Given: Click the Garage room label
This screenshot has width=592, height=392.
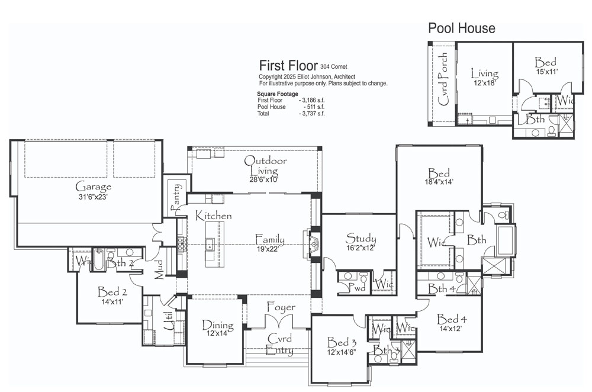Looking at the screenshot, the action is pyautogui.click(x=94, y=187).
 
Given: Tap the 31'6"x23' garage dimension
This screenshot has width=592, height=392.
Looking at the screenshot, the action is pyautogui.click(x=94, y=197).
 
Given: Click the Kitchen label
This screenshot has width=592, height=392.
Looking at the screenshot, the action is pyautogui.click(x=213, y=216).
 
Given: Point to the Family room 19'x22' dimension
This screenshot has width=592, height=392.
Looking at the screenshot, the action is pyautogui.click(x=268, y=249).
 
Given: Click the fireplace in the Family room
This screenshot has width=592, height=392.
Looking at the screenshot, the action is pyautogui.click(x=312, y=245).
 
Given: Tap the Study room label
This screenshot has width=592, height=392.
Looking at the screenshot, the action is pyautogui.click(x=361, y=238).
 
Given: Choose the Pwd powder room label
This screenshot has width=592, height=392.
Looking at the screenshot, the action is pyautogui.click(x=357, y=288).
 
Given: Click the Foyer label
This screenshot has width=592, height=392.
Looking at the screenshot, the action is pyautogui.click(x=281, y=307).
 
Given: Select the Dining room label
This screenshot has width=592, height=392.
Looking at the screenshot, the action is pyautogui.click(x=218, y=324).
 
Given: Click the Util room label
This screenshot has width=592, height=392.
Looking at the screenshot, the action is pyautogui.click(x=169, y=320).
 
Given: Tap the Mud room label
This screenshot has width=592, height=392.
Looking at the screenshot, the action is pyautogui.click(x=159, y=269).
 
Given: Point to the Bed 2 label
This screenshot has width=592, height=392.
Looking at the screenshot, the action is pyautogui.click(x=112, y=292).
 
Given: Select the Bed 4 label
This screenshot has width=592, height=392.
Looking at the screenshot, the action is pyautogui.click(x=452, y=320).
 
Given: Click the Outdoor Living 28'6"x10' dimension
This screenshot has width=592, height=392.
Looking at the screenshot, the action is pyautogui.click(x=263, y=179).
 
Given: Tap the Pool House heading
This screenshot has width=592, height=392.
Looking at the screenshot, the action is pyautogui.click(x=461, y=28).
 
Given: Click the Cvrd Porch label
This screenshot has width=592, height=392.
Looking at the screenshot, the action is pyautogui.click(x=443, y=79).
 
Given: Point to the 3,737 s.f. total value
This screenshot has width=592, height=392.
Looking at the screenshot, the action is pyautogui.click(x=311, y=113).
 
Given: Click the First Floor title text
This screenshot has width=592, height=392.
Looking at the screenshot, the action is pyautogui.click(x=288, y=66).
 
